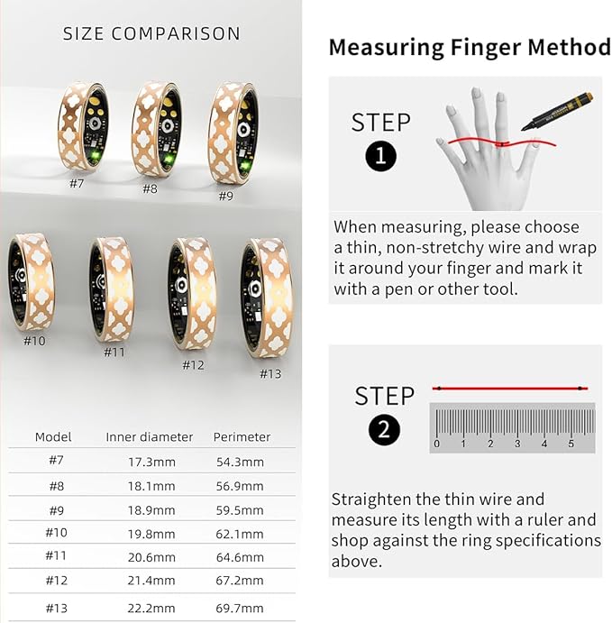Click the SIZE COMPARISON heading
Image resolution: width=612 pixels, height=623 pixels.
click(151, 34)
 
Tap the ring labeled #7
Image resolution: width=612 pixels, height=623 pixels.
click(82, 125)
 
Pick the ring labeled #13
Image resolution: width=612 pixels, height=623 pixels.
click(267, 298)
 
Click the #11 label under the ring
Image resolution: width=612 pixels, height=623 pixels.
click(114, 353)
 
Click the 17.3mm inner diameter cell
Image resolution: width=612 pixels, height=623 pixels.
click(149, 461)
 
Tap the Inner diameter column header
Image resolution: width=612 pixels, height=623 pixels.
click(149, 436)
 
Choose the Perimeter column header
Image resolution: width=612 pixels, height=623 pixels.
click(242, 436)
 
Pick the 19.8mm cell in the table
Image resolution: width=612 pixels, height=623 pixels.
click(149, 533)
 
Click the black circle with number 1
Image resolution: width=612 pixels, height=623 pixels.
click(380, 157)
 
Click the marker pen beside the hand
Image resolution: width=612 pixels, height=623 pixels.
click(556, 111)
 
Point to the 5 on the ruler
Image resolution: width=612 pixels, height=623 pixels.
click(571, 444)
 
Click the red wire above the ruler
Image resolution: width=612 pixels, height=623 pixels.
click(510, 389)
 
